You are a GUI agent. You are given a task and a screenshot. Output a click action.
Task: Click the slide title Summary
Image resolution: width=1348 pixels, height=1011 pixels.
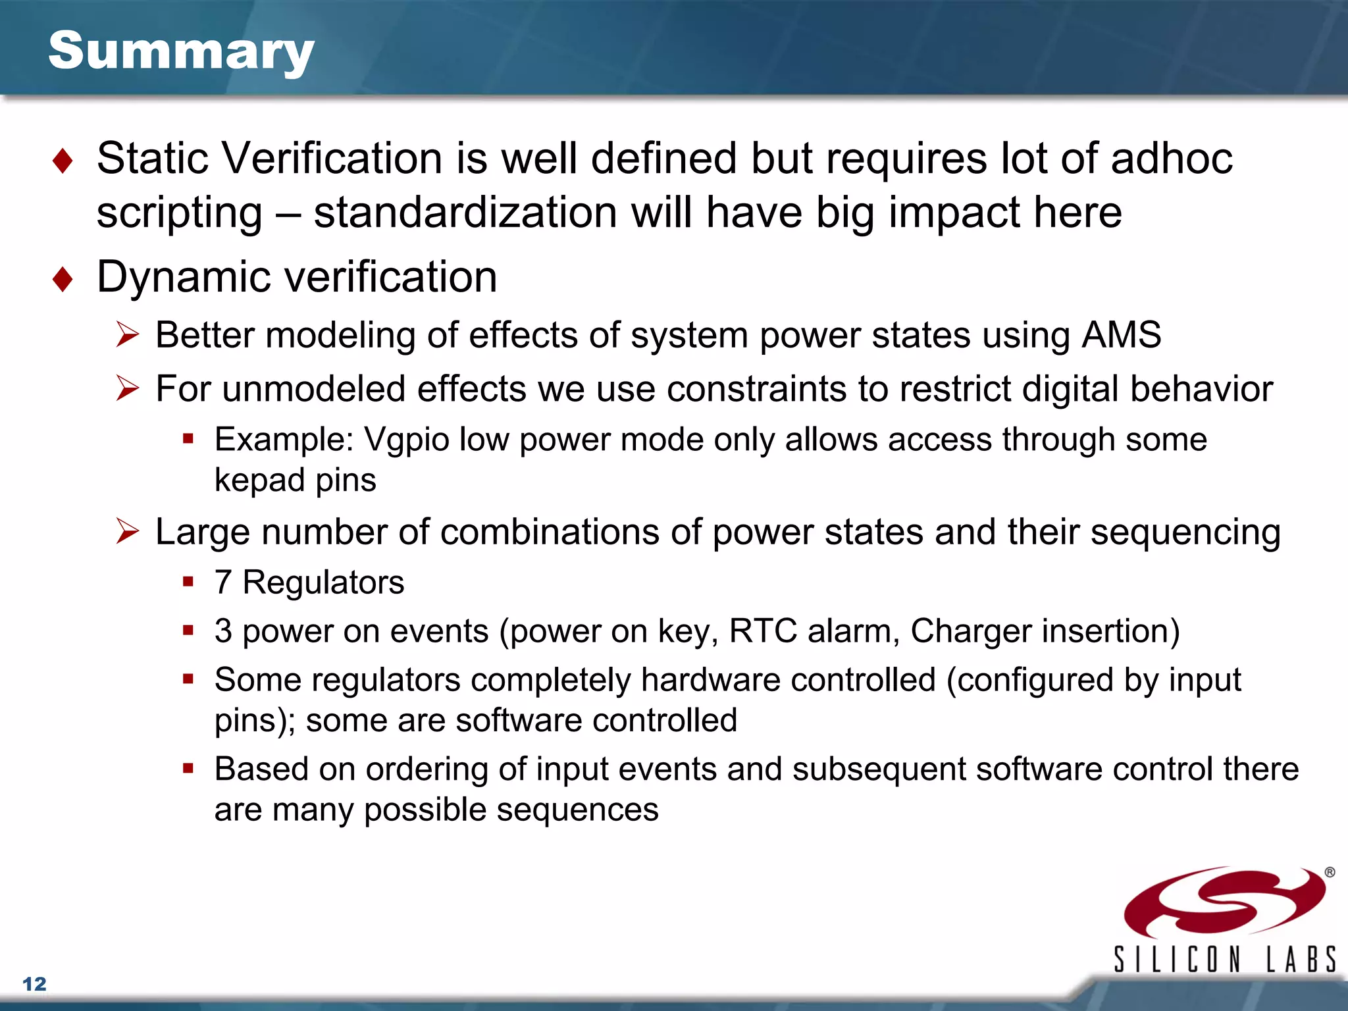[x=181, y=51]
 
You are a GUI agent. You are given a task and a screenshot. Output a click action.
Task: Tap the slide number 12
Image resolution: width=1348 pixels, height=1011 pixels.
[x=34, y=984]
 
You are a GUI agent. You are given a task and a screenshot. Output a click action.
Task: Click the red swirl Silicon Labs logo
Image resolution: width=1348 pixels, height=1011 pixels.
[x=1224, y=902]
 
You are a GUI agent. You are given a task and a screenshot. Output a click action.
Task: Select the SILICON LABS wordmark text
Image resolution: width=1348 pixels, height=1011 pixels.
[x=1224, y=959]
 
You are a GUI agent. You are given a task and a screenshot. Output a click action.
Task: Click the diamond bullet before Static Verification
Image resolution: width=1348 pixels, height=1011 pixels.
[x=63, y=161]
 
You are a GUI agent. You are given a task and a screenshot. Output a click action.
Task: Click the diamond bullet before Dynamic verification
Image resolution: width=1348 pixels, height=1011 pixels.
[x=63, y=279]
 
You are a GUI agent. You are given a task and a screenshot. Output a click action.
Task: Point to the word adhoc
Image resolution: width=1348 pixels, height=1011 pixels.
[x=1172, y=159]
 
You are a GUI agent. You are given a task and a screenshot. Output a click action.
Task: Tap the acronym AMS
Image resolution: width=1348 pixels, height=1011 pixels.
[x=1122, y=334]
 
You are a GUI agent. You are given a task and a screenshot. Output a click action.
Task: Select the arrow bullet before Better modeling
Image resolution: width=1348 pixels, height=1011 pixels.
[x=127, y=335]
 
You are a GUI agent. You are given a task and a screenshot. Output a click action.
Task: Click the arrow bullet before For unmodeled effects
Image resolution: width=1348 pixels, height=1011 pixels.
[x=127, y=388]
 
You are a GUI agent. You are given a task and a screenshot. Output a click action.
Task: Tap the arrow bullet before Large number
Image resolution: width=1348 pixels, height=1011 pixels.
[x=127, y=531]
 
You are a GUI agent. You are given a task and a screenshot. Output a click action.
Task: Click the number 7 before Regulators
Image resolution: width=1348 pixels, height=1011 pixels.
[x=223, y=583]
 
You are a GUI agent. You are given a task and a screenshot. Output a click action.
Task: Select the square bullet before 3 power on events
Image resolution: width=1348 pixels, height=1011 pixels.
[x=188, y=631]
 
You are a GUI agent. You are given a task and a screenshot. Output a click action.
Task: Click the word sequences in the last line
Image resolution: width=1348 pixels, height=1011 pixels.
[x=577, y=810]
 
